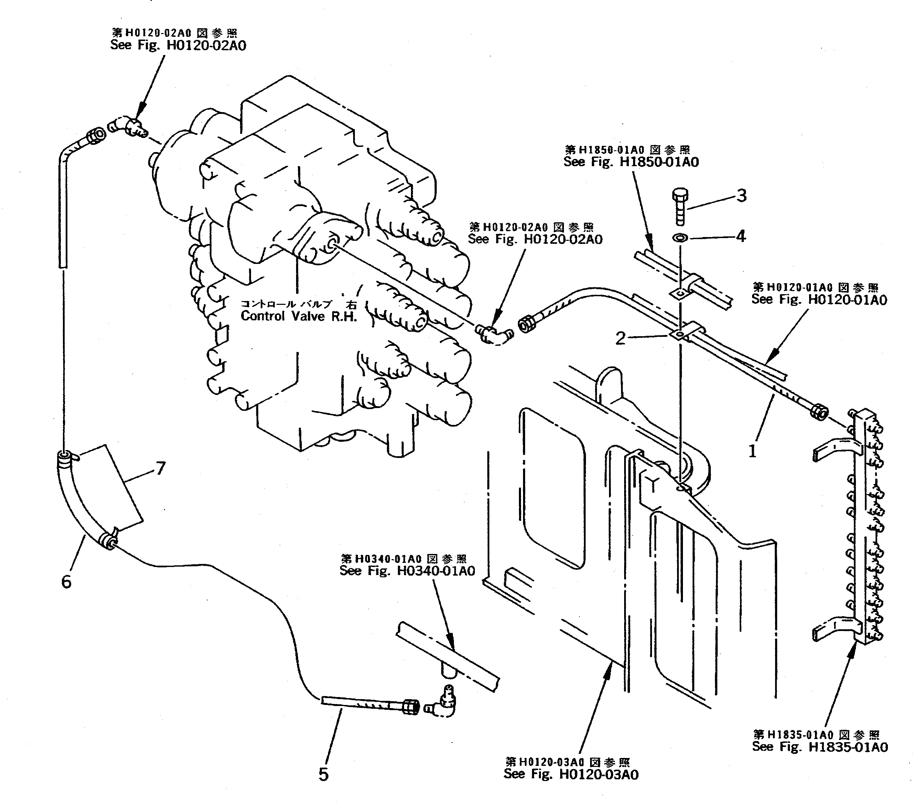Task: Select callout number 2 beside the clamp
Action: point(620,339)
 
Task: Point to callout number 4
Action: point(741,236)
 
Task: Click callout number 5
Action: point(323,774)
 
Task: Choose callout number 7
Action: point(160,468)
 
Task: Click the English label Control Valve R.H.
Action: point(299,316)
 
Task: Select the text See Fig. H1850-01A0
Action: point(631,162)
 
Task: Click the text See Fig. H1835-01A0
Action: point(820,747)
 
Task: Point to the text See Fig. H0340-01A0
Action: point(407,571)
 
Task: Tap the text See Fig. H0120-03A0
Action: point(571,774)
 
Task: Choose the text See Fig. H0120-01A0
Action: point(819,299)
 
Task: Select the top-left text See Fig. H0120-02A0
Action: point(178,45)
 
